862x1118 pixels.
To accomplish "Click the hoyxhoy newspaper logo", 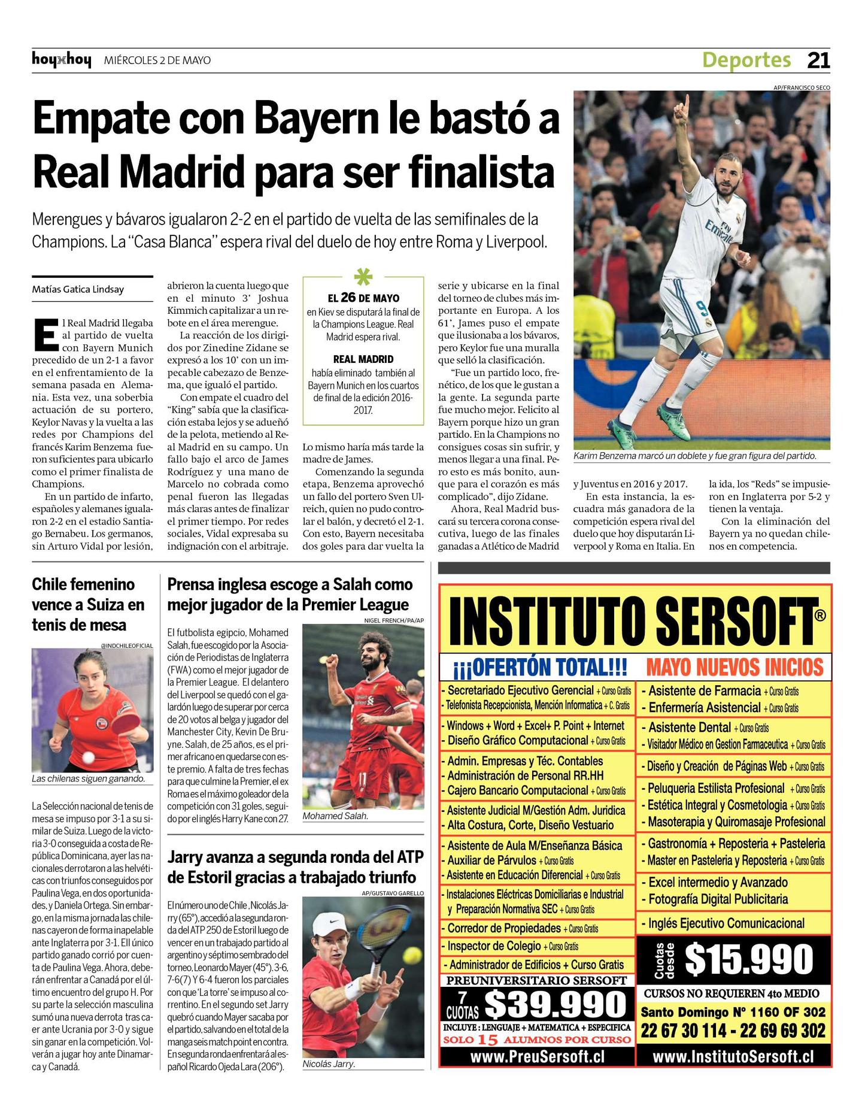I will coord(62,60).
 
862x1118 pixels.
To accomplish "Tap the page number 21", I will coord(818,60).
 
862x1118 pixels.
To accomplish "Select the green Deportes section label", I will coord(746,60).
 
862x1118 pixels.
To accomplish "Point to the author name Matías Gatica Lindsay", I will coord(78,289).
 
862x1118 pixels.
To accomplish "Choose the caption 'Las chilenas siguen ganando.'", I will coord(89,779).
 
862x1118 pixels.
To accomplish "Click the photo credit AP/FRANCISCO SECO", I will coord(801,87).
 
